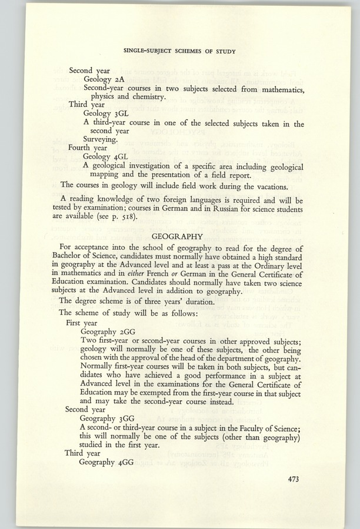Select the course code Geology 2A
tap(104, 79)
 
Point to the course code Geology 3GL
tap(106, 114)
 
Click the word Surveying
tap(104, 140)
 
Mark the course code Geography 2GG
tap(111, 331)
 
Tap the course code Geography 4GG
tap(111, 461)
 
